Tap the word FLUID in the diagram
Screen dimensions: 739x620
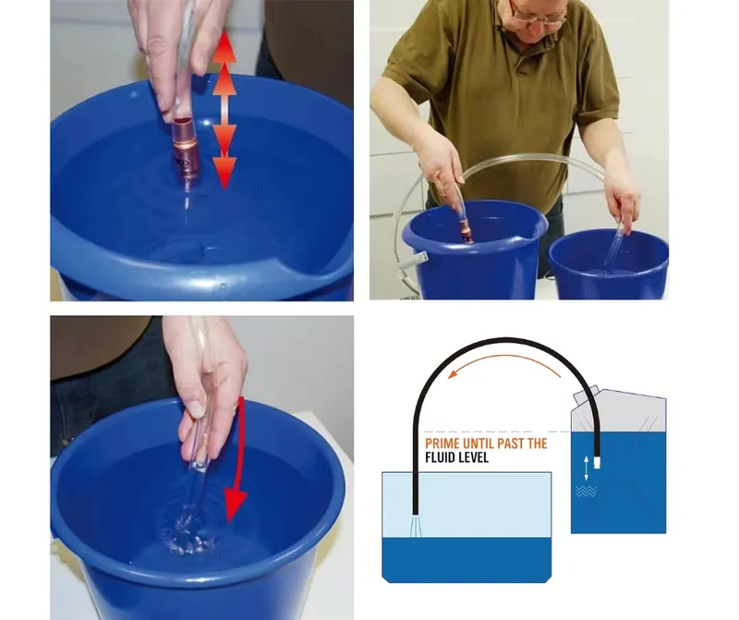pyautogui.click(x=441, y=457)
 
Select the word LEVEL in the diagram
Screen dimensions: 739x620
pyautogui.click(x=474, y=457)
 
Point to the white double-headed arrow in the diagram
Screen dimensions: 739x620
pyautogui.click(x=587, y=468)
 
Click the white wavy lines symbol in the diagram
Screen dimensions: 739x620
pyautogui.click(x=587, y=492)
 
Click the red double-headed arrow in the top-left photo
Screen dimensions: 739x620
pyautogui.click(x=224, y=110)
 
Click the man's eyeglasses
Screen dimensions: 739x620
pyautogui.click(x=539, y=12)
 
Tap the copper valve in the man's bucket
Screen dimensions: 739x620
pyautogui.click(x=466, y=235)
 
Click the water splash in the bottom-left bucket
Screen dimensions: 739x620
pyautogui.click(x=189, y=529)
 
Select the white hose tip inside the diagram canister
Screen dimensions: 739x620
pyautogui.click(x=597, y=462)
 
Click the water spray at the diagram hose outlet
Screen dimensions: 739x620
pyautogui.click(x=416, y=526)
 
